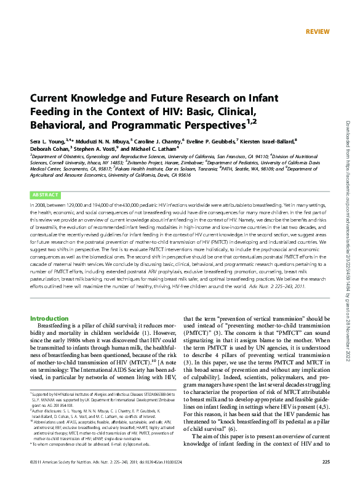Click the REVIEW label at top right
(x=318, y=31)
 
